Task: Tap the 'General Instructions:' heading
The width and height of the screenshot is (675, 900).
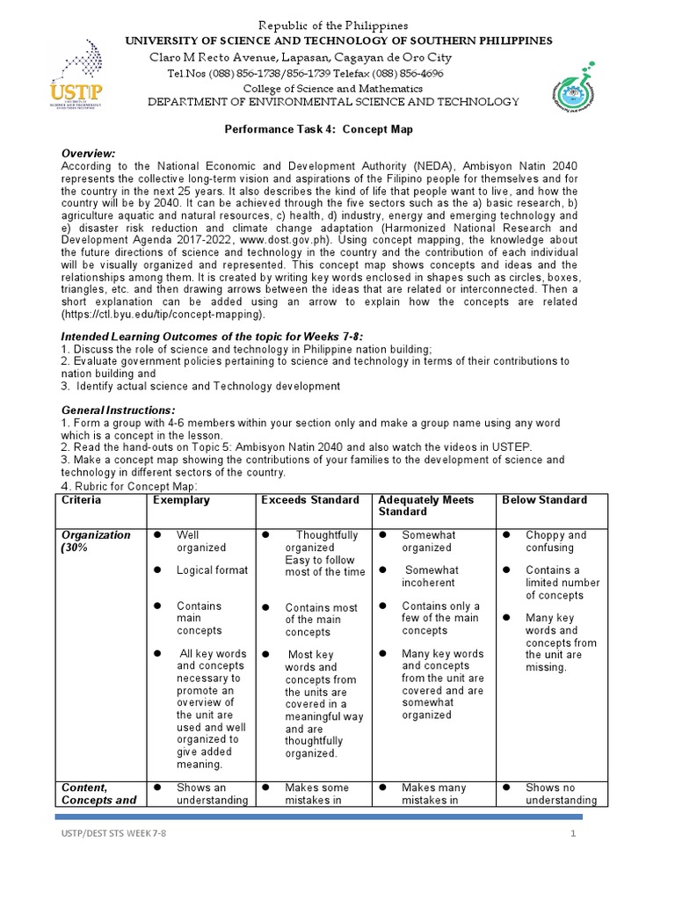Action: (x=118, y=410)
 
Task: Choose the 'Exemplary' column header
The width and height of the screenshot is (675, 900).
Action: (x=181, y=500)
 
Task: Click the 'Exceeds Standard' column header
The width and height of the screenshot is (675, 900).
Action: (x=310, y=500)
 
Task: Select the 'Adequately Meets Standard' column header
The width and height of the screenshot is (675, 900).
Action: (x=425, y=505)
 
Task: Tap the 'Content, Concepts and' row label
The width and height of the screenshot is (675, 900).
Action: (x=98, y=794)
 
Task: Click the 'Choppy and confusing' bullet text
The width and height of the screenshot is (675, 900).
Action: (x=555, y=541)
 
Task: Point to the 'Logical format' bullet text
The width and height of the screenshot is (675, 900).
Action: (x=212, y=570)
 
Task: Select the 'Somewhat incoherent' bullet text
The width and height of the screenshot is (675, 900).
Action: (x=430, y=577)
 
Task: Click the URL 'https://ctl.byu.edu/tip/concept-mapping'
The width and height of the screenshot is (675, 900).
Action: (x=162, y=314)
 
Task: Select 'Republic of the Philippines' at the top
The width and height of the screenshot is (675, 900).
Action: (x=337, y=25)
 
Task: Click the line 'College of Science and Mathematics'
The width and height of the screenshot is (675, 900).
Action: (x=332, y=88)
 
